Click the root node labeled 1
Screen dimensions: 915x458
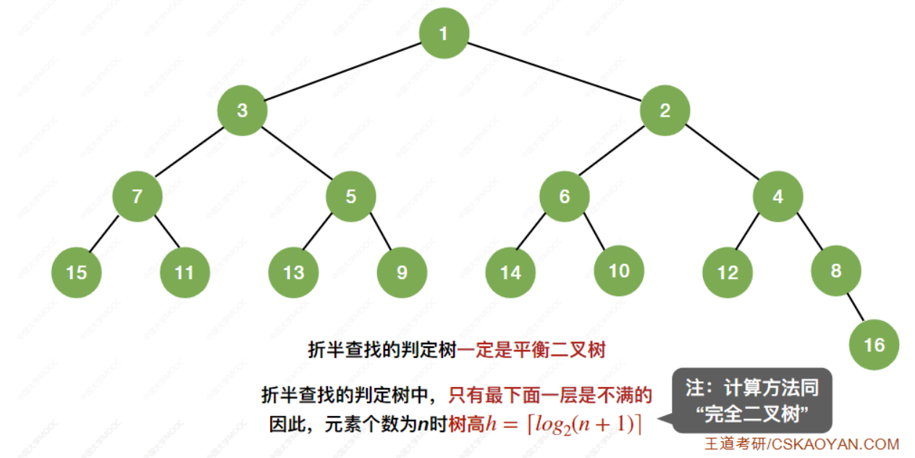(444, 33)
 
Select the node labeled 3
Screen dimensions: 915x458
(243, 111)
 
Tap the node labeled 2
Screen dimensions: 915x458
(665, 111)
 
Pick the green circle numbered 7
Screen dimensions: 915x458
(137, 196)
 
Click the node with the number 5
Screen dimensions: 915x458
(351, 196)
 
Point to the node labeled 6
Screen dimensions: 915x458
(565, 196)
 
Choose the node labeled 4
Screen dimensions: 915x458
(777, 196)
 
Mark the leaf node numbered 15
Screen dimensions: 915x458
(77, 272)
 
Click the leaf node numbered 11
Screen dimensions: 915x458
(185, 272)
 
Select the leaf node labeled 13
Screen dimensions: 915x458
(293, 272)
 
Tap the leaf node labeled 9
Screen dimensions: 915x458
(402, 272)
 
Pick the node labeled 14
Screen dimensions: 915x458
(510, 272)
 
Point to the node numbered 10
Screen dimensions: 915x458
(619, 270)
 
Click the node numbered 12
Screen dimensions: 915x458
(728, 272)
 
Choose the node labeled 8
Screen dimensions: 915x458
(836, 270)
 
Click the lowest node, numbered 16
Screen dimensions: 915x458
(874, 344)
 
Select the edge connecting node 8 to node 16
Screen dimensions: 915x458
(855, 307)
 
